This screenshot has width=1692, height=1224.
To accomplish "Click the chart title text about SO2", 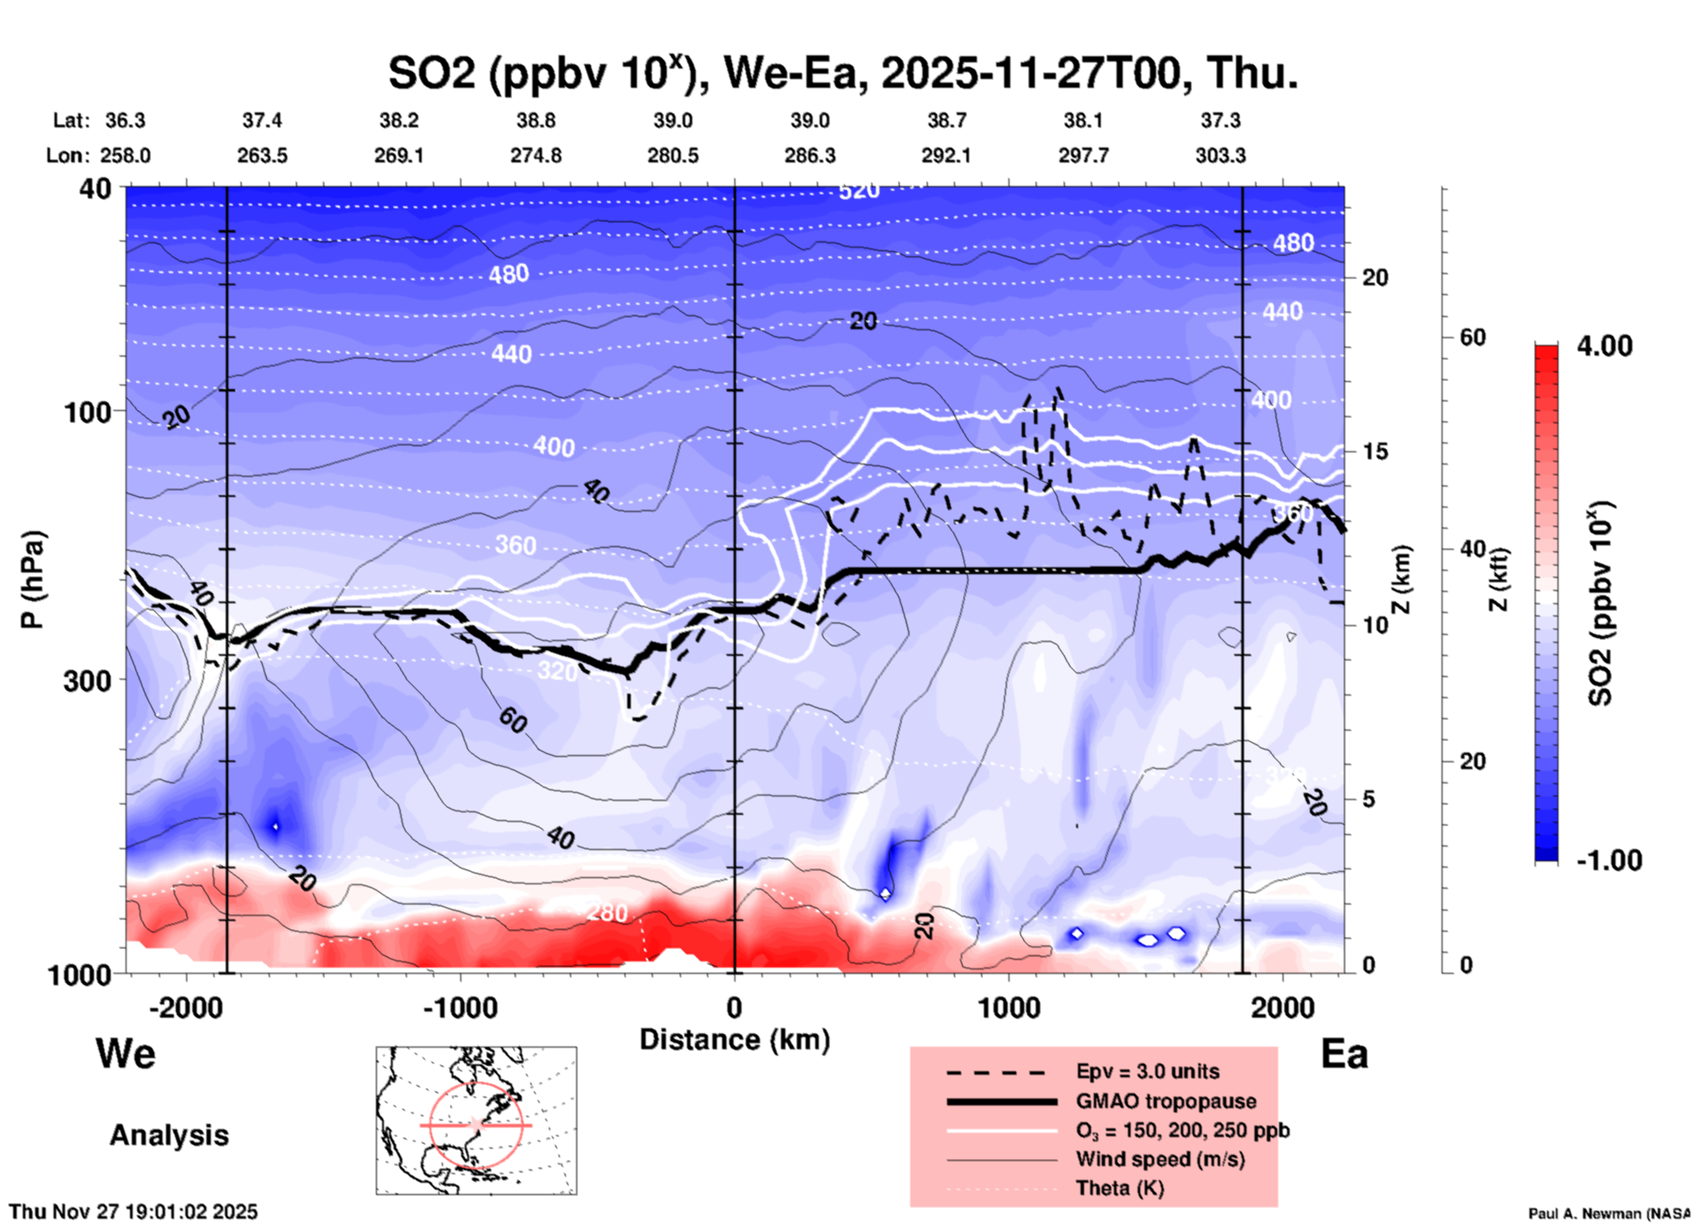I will click(x=842, y=73).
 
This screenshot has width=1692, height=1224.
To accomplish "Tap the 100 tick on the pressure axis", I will click(x=91, y=412).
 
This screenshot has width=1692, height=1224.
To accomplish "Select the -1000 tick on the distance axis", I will click(x=460, y=1007).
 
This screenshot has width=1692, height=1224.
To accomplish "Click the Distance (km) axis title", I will click(x=734, y=1040).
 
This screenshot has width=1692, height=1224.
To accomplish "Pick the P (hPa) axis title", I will click(x=33, y=580).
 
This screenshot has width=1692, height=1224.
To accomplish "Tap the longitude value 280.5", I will click(x=673, y=155).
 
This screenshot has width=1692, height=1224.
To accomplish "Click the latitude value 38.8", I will click(x=536, y=120).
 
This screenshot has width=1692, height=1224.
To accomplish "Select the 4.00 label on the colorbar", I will click(x=1604, y=346).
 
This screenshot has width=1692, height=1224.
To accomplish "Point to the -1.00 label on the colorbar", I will click(x=1608, y=860).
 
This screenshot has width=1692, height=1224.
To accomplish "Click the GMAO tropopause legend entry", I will click(x=1166, y=1101).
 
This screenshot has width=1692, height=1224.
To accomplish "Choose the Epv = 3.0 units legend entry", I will click(x=1147, y=1071).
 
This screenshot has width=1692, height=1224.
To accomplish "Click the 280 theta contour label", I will click(x=607, y=913).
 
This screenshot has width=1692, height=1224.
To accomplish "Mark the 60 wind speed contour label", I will click(x=513, y=721).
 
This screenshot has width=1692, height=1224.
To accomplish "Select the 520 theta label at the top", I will click(x=858, y=191).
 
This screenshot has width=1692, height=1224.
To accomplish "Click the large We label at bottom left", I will click(x=126, y=1053).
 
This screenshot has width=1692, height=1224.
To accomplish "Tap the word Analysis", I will click(x=169, y=1135).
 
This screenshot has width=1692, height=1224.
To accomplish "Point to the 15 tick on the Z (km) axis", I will click(x=1376, y=451).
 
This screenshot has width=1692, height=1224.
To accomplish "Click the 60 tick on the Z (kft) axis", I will click(x=1473, y=337).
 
